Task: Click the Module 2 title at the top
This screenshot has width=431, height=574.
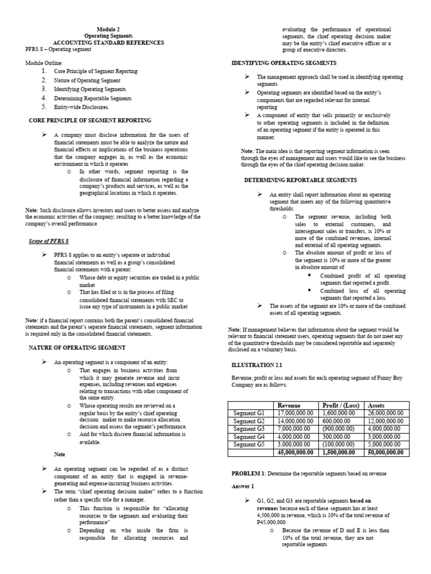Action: coord(109,29)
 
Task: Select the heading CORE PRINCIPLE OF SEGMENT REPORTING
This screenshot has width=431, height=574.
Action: coord(90,121)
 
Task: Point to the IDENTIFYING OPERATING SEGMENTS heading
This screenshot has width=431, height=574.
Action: coord(284,63)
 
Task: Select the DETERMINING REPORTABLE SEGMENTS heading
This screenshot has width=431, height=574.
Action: coord(300,180)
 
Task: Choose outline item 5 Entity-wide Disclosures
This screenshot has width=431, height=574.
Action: coord(81,107)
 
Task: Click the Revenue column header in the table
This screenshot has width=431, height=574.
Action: coord(289,405)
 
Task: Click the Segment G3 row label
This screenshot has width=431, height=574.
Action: coord(249,429)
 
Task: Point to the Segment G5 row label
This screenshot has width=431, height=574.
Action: coord(249,445)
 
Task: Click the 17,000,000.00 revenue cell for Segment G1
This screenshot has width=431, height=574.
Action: coord(295,413)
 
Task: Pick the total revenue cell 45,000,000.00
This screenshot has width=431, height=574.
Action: coord(295,452)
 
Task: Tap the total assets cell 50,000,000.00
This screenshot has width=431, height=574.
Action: coord(385,452)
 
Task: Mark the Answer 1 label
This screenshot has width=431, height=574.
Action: coord(243,486)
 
